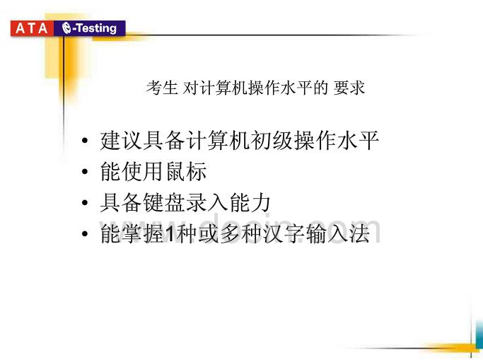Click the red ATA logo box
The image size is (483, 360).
[32, 28]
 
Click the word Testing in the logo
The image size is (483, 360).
[96, 28]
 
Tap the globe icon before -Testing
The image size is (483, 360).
[66, 28]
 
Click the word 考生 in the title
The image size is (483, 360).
[162, 88]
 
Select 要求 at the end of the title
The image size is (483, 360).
[349, 88]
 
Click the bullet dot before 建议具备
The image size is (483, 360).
[85, 141]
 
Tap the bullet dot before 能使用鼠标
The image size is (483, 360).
[85, 172]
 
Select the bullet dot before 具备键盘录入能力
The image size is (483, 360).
[85, 202]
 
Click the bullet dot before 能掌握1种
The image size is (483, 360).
[85, 233]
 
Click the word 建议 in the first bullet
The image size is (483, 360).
[121, 141]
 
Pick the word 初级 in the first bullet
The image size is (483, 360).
[272, 141]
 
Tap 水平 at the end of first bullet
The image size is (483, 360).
[358, 141]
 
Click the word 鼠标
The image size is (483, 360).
[186, 172]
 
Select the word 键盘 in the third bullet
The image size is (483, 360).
[164, 202]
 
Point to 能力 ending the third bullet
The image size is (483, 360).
[250, 202]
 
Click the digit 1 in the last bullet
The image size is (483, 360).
[169, 233]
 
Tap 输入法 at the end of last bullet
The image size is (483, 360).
[337, 233]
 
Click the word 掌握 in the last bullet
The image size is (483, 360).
[143, 233]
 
